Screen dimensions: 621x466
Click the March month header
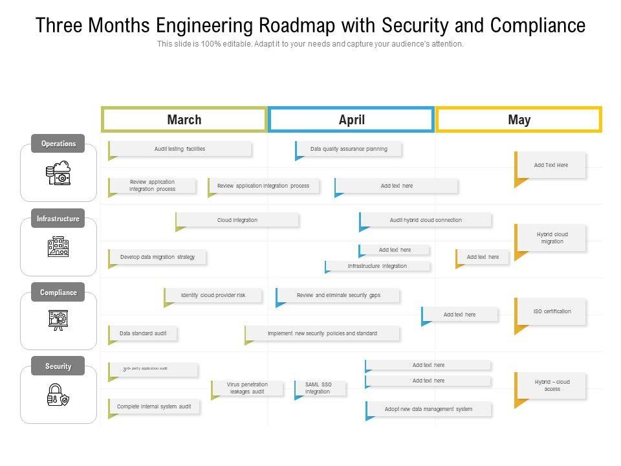coord(184,120)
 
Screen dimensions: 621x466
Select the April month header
coord(351,120)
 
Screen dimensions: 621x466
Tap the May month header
coord(519,120)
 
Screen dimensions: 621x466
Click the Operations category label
coord(58,144)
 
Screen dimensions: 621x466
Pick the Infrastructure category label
coord(58,219)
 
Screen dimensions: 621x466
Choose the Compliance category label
coord(58,293)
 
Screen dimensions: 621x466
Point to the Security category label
coord(58,366)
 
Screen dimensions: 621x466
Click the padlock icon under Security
coord(58,395)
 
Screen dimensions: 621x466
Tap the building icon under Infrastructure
coord(58,247)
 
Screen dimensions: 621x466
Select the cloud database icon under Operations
coord(58,173)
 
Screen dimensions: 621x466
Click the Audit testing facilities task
coord(180,149)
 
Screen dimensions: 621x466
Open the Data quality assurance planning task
coord(349,149)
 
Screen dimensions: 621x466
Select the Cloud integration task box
coord(237,220)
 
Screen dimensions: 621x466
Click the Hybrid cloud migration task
coord(552,238)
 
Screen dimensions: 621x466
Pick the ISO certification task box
coord(552,311)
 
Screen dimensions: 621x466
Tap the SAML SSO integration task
coord(320,388)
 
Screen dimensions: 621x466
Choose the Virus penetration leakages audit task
coord(247,388)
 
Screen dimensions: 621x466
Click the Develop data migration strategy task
coord(157,257)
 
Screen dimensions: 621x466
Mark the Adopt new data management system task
coord(428,409)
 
